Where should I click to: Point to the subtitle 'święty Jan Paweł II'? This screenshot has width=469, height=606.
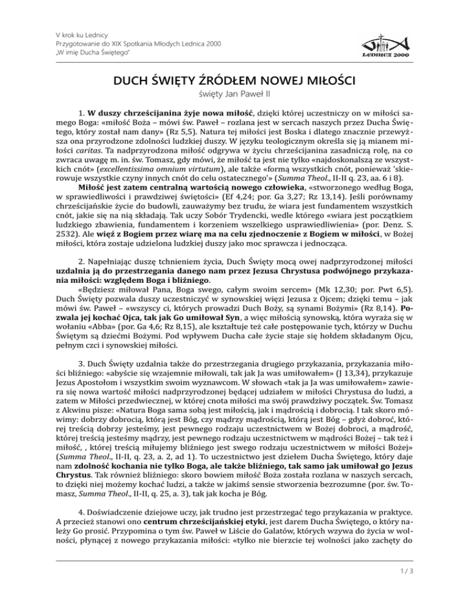pyautogui.click(x=234, y=95)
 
